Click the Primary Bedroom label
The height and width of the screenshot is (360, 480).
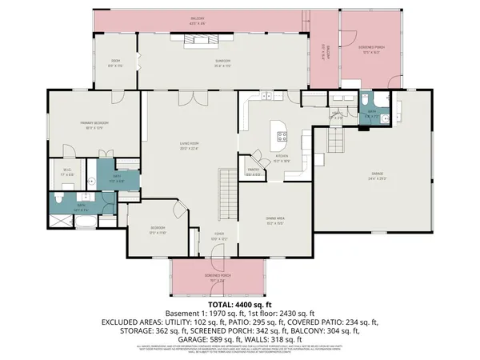point(94,124)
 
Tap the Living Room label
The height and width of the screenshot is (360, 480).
point(190,145)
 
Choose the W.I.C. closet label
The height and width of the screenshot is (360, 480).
point(68,170)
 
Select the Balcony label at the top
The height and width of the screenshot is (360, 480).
point(197,18)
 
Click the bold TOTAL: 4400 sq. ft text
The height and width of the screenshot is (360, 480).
point(239,305)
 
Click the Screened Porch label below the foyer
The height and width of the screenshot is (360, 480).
point(217,278)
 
